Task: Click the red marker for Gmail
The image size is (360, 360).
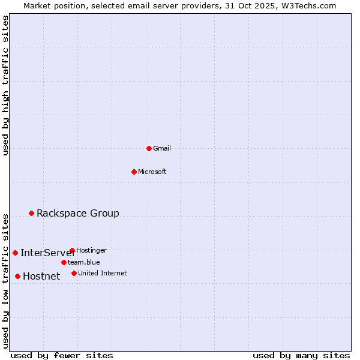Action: pyautogui.click(x=149, y=148)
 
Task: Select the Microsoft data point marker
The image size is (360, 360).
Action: pyautogui.click(x=134, y=172)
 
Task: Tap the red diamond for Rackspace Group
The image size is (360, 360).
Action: pyautogui.click(x=31, y=213)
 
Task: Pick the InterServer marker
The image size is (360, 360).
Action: pyautogui.click(x=15, y=253)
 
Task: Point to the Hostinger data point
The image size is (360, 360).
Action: pyautogui.click(x=72, y=250)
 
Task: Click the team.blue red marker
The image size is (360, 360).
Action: pyautogui.click(x=64, y=262)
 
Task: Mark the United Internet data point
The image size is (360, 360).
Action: pyautogui.click(x=74, y=273)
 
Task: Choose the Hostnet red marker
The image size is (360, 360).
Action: pyautogui.click(x=17, y=276)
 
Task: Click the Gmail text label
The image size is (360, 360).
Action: pyautogui.click(x=162, y=148)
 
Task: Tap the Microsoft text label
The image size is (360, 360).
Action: pyautogui.click(x=152, y=172)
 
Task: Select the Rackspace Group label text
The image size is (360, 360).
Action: pyautogui.click(x=78, y=213)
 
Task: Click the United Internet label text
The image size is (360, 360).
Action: pyautogui.click(x=103, y=273)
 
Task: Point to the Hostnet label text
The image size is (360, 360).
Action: pyautogui.click(x=41, y=276)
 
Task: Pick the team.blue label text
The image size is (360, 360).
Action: pyautogui.click(x=84, y=262)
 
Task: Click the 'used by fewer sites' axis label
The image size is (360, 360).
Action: pyautogui.click(x=62, y=355)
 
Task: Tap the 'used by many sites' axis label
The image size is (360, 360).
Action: pyautogui.click(x=301, y=355)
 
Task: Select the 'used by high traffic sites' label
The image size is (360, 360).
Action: pyautogui.click(x=5, y=86)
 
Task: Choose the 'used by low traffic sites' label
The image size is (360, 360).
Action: pyautogui.click(x=5, y=280)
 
